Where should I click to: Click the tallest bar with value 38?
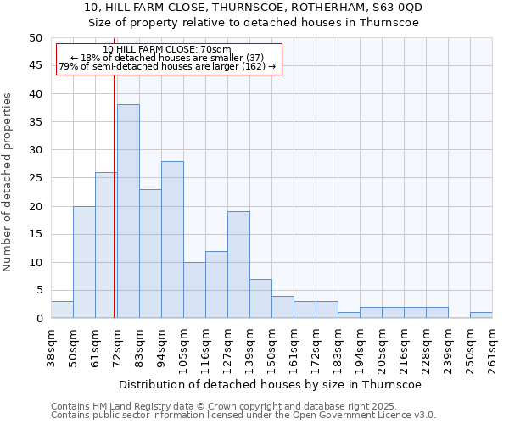pos(128,211)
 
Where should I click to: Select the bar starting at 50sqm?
pos(84,262)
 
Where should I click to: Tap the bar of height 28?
pos(172,240)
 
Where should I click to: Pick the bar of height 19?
pos(238,265)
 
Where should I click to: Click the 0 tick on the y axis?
pos(38,319)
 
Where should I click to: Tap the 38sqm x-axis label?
pos(51,347)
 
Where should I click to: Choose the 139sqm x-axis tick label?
pos(249,347)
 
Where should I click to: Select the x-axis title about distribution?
pos(271,384)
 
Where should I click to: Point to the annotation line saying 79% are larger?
pos(167,66)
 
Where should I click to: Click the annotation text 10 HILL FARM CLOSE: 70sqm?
pos(166,49)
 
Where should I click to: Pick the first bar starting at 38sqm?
pos(62,310)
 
